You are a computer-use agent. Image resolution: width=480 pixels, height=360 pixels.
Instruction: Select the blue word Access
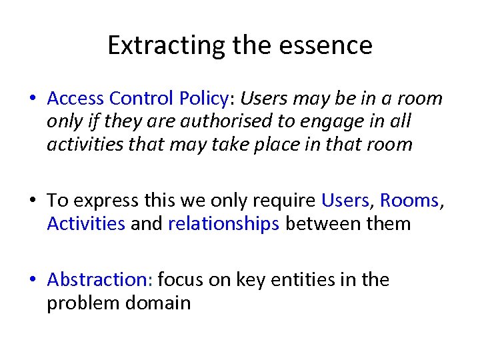pyautogui.click(x=75, y=99)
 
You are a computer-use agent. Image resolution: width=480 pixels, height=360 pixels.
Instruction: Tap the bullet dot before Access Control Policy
pyautogui.click(x=33, y=99)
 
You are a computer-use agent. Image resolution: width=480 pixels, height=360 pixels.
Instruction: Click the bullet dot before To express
pyautogui.click(x=33, y=201)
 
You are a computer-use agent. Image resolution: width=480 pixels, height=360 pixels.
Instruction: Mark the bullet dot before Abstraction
pyautogui.click(x=33, y=280)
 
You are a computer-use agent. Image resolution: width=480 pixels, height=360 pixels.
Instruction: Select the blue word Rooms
pyautogui.click(x=409, y=201)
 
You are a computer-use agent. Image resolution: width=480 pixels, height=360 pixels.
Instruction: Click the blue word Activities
pyautogui.click(x=86, y=223)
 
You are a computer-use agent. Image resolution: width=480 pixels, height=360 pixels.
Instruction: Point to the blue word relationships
pyautogui.click(x=223, y=223)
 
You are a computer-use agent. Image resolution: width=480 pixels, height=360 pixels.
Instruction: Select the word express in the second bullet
pyautogui.click(x=97, y=201)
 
